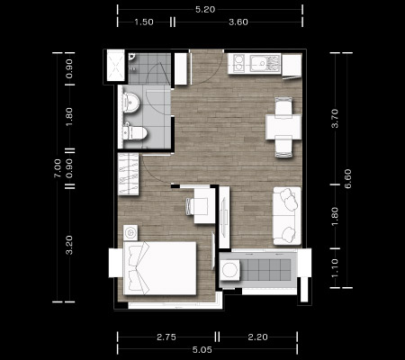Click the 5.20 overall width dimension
(x=205, y=10)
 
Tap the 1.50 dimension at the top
(x=144, y=22)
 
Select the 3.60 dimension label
(x=238, y=22)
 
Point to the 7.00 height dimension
(x=58, y=168)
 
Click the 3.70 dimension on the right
(x=335, y=119)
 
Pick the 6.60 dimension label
(x=347, y=179)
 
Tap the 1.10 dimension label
(x=335, y=268)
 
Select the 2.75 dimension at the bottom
(x=166, y=337)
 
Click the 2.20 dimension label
(x=257, y=337)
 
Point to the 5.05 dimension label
(x=202, y=350)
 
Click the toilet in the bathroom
(x=135, y=132)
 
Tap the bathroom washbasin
(x=131, y=102)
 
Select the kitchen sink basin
(x=259, y=63)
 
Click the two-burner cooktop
(x=238, y=63)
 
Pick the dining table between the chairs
(x=283, y=127)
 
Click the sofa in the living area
(x=286, y=216)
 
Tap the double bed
(x=159, y=268)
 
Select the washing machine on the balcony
(x=230, y=270)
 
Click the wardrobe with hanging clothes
(x=129, y=174)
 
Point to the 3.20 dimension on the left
(x=69, y=245)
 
